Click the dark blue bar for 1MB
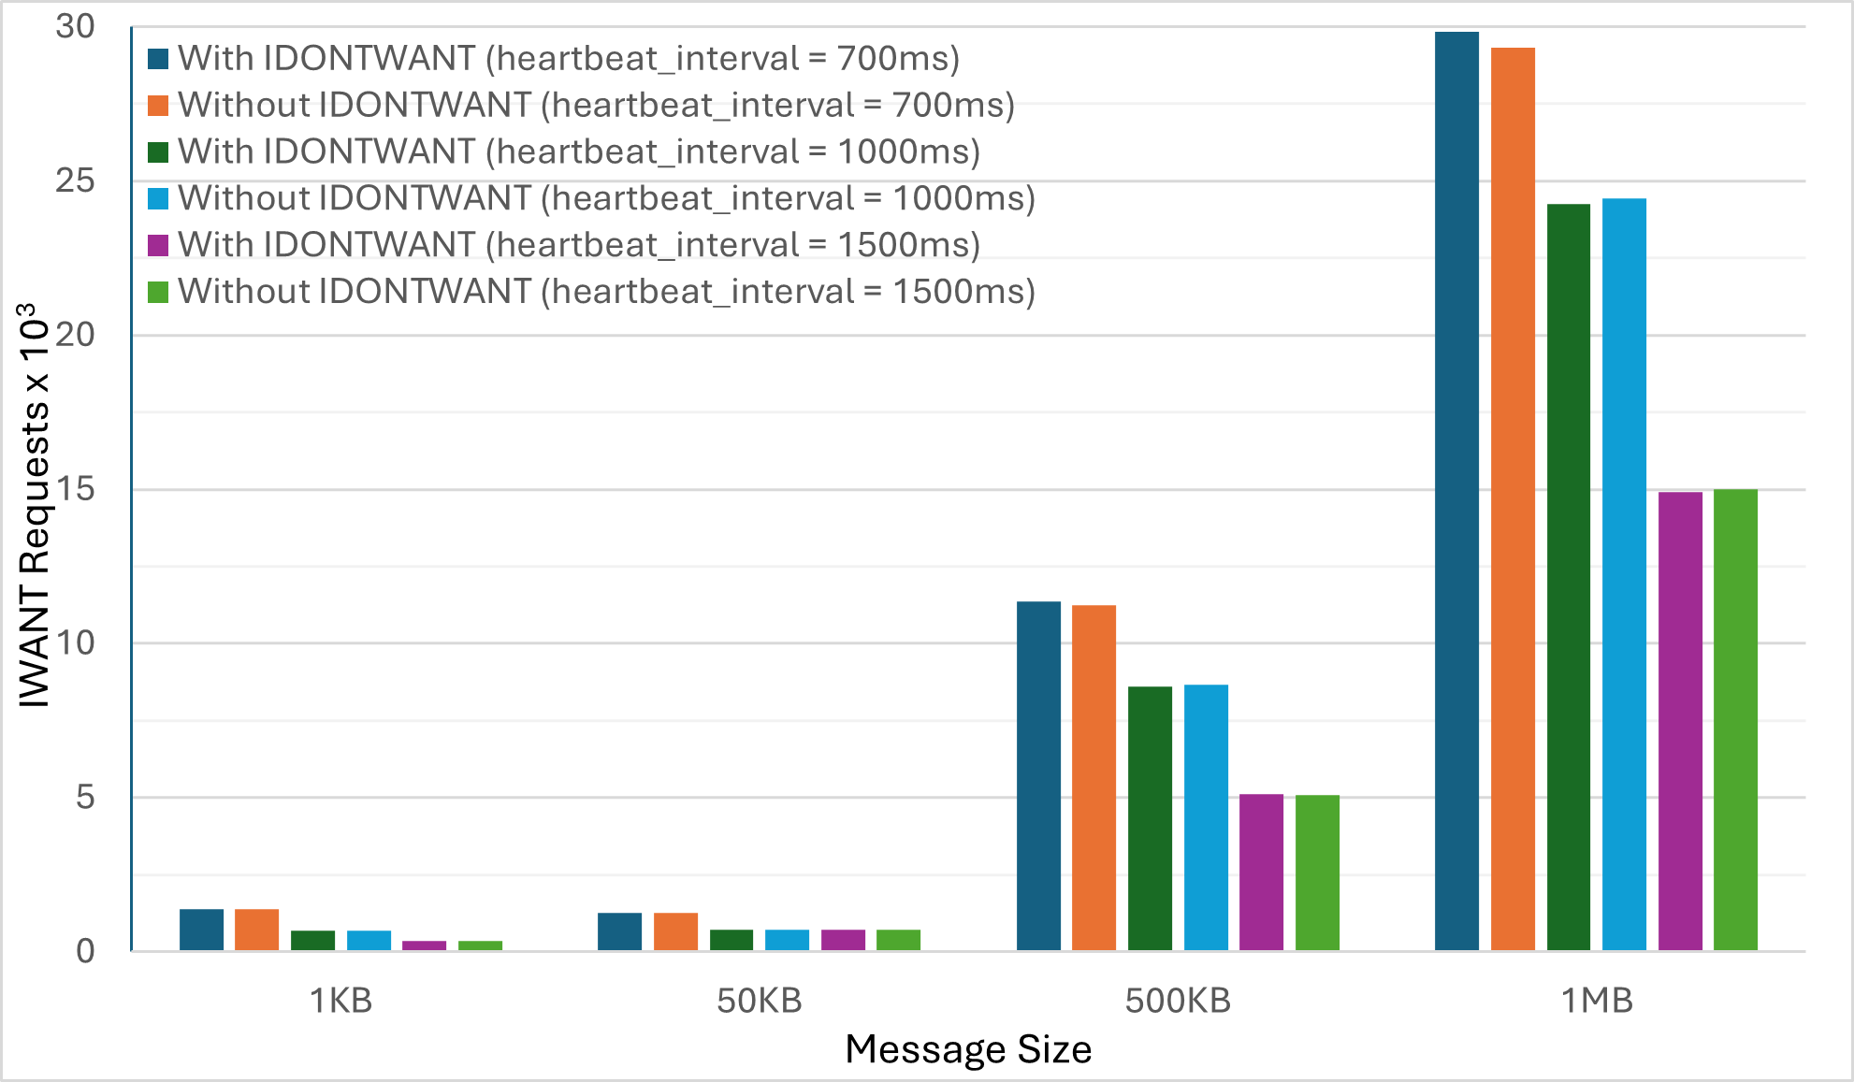(1456, 491)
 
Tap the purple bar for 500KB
(1261, 872)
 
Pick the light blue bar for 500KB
(1206, 817)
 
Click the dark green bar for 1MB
(1568, 577)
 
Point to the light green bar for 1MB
(1735, 719)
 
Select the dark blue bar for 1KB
(201, 930)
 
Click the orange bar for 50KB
(675, 931)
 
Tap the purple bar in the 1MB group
(1680, 721)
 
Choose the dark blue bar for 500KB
(1038, 775)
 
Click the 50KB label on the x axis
(760, 1001)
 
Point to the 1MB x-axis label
(1597, 1001)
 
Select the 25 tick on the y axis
(75, 180)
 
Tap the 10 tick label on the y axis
(75, 643)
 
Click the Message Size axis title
(968, 1049)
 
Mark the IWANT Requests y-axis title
(35, 505)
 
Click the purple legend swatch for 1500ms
(158, 245)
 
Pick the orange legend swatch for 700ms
(158, 105)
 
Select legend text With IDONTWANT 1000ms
(578, 151)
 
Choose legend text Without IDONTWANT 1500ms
(606, 292)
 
